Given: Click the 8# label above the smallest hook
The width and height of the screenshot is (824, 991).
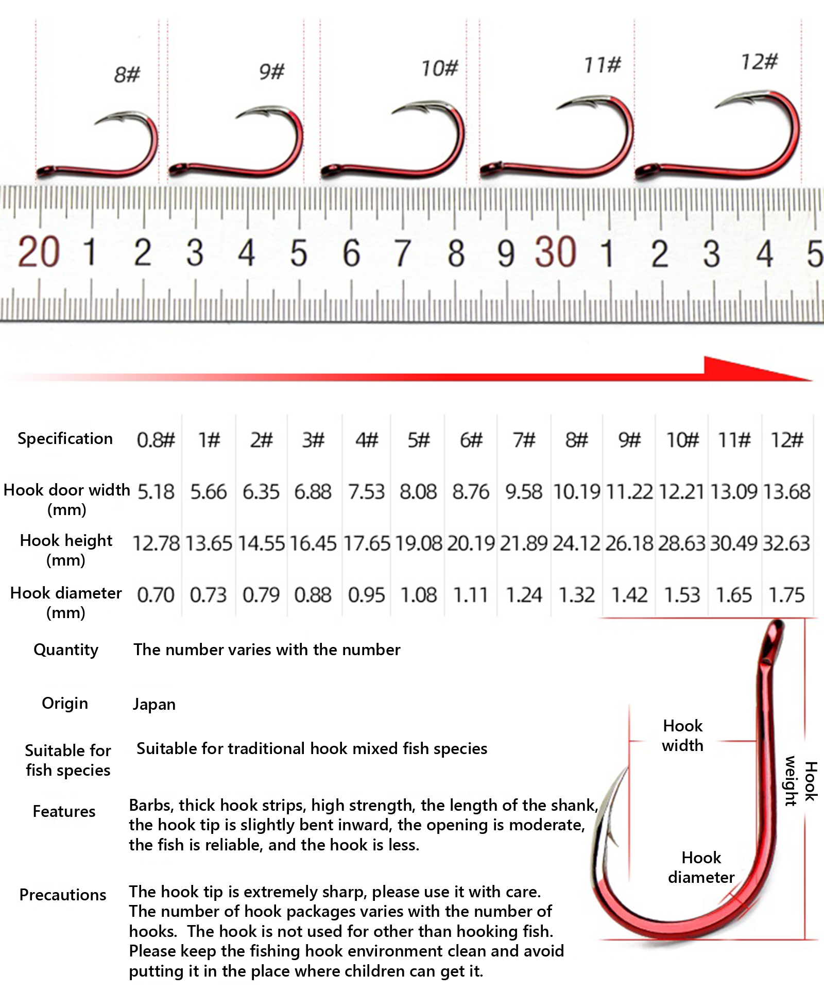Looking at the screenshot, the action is (x=127, y=74).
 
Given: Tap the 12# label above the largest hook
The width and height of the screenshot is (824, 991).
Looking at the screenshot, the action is (x=759, y=62).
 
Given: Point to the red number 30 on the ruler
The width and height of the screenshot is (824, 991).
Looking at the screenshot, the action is (x=556, y=252).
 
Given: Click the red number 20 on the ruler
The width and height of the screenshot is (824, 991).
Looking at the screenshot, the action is (x=39, y=252).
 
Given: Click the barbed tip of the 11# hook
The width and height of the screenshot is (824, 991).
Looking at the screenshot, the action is (x=558, y=108).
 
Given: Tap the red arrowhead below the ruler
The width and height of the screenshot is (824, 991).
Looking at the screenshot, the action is (x=757, y=369).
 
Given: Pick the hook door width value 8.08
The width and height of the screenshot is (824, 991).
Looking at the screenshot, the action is (x=418, y=492).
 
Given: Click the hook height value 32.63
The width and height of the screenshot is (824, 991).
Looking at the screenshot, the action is (x=786, y=543).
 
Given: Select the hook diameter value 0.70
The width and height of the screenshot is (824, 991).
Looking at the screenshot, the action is (x=156, y=595).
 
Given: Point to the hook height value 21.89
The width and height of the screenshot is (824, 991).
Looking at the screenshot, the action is (x=523, y=543).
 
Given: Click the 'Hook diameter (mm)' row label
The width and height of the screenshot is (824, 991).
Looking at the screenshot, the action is (x=66, y=603).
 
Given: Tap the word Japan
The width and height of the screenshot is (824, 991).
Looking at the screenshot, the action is (x=154, y=704).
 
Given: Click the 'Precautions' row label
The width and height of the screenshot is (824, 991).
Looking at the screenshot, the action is (x=63, y=895).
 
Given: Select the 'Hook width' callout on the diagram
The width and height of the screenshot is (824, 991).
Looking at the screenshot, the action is (x=682, y=736).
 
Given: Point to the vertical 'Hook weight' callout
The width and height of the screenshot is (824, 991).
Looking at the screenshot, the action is (x=801, y=781).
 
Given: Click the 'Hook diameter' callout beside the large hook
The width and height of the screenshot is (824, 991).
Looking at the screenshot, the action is (x=701, y=867).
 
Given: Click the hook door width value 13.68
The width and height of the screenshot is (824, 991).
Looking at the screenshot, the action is (x=786, y=492).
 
